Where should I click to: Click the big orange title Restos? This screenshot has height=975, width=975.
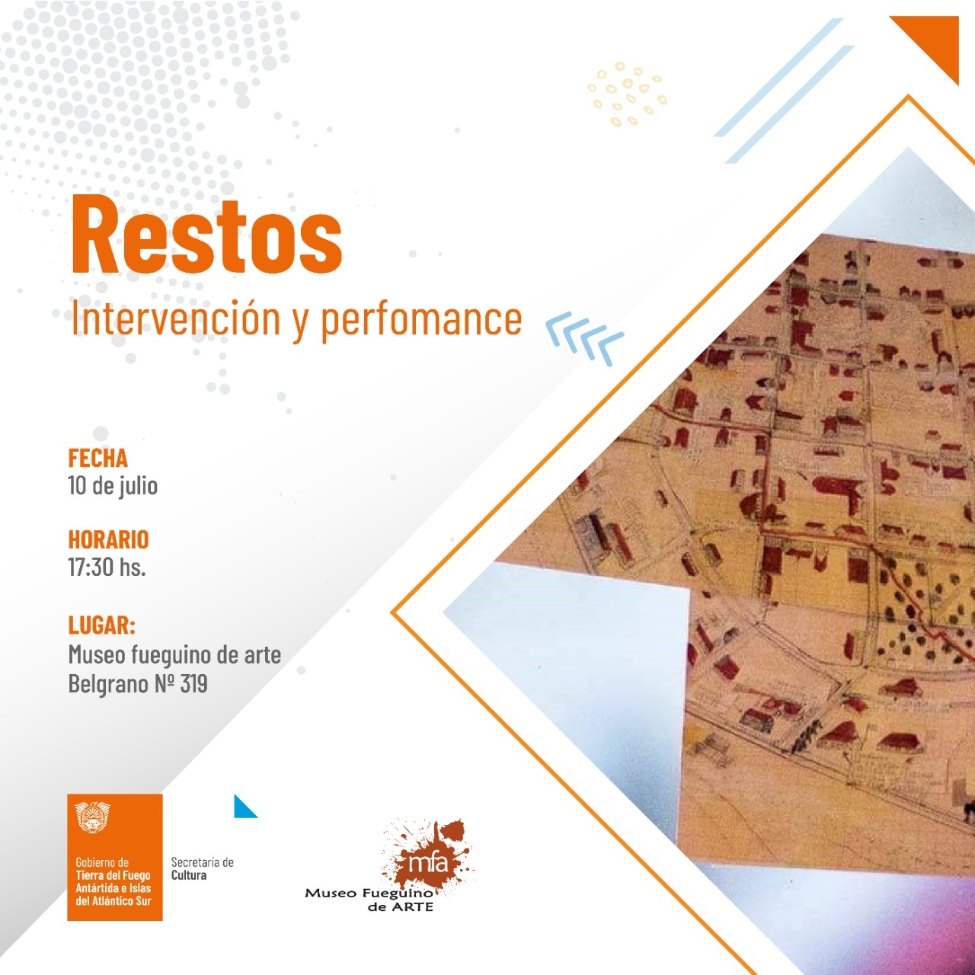(207, 235)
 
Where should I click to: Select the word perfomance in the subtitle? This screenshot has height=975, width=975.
(421, 321)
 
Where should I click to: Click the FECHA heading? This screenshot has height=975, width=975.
(97, 458)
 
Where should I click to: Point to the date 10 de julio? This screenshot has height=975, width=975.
(113, 486)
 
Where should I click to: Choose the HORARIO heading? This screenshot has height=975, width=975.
(108, 539)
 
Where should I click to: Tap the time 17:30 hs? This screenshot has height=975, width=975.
(107, 566)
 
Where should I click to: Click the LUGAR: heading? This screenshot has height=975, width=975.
(102, 625)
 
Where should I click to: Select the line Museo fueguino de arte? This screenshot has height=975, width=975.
(174, 655)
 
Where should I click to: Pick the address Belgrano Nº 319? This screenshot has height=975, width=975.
(138, 684)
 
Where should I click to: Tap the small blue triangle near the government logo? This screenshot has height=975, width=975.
(243, 807)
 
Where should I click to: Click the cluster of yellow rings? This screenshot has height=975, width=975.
(627, 94)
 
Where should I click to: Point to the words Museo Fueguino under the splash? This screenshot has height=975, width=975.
(369, 893)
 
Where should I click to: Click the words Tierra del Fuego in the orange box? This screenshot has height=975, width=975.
(113, 875)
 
